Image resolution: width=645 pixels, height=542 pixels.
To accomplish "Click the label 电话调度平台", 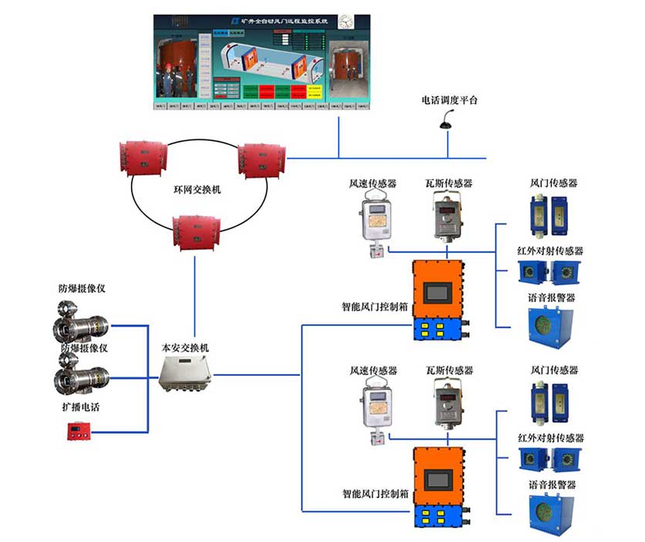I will pos(449,100).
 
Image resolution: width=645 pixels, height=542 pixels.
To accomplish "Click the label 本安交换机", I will pos(185,347).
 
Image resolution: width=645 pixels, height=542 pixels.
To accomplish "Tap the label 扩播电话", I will pos(79,407).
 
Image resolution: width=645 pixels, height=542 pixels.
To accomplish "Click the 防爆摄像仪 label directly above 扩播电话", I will pos(82,347).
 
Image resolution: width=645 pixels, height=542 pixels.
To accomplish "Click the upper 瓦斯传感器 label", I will pos(449,184).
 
